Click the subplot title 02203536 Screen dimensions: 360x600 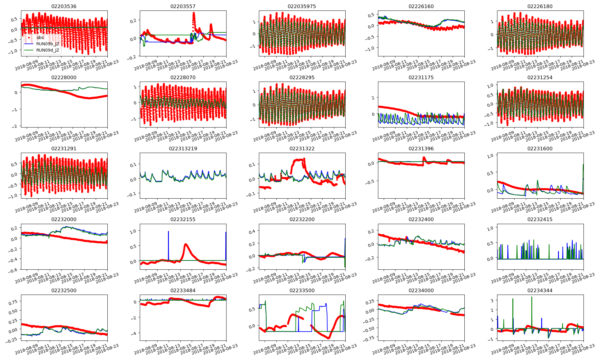64,6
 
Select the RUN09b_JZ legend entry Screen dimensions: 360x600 47,44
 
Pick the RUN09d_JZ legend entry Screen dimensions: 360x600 47,50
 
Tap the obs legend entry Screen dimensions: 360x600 40,37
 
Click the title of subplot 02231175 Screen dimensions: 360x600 421,77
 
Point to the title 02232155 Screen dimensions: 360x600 183,219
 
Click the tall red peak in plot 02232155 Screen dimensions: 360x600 186,244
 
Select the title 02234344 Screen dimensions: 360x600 540,290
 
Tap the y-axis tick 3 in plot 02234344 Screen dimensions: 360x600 492,300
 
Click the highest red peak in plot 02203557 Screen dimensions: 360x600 194,13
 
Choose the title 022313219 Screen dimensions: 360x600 183,148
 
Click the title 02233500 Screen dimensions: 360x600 302,290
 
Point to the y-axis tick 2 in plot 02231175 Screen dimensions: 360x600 373,98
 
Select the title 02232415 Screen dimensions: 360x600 540,219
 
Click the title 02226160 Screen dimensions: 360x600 421,6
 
